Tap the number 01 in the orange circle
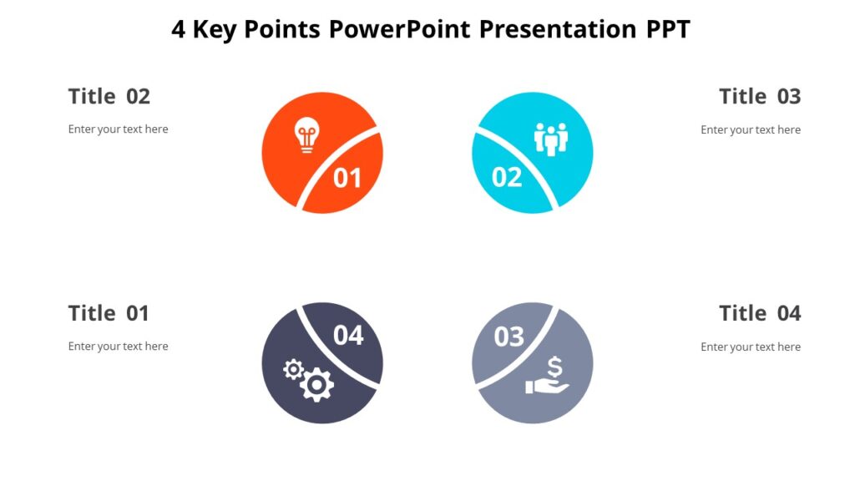click(347, 178)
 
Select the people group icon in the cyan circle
click(551, 139)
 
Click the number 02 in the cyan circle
click(507, 177)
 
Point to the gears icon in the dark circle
click(309, 380)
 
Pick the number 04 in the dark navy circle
click(348, 335)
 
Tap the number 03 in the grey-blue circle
click(508, 337)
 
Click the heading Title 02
click(109, 97)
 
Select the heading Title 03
click(760, 97)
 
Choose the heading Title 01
click(109, 314)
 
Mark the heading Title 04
click(760, 314)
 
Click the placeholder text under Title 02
click(119, 129)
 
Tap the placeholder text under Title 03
click(751, 129)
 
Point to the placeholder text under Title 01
click(119, 347)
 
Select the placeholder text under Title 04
click(751, 347)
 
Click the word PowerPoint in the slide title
click(401, 30)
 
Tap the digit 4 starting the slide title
click(179, 30)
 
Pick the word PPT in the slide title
click(668, 30)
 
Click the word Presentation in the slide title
click(559, 30)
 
